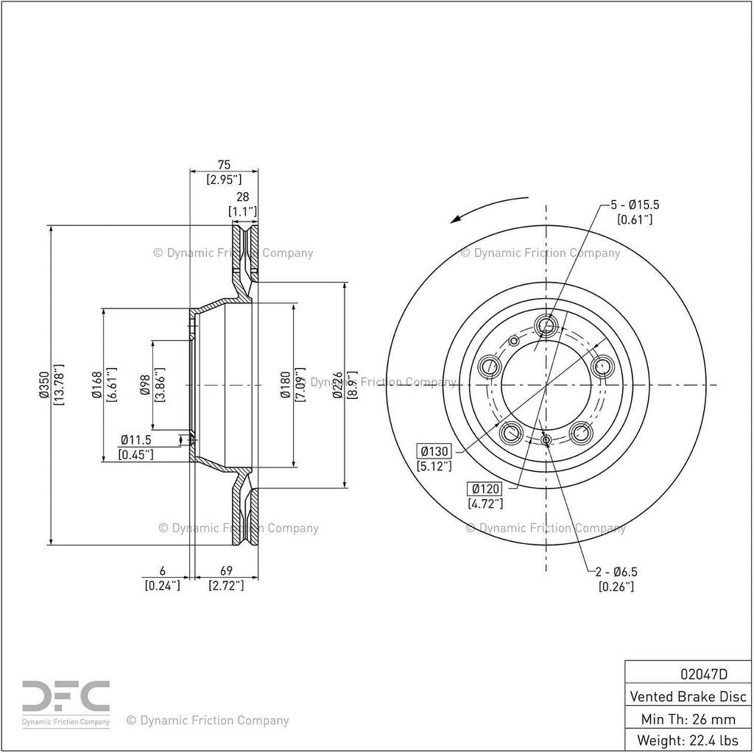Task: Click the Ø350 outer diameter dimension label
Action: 44,385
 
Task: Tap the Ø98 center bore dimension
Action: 147,385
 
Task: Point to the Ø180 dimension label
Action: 286,385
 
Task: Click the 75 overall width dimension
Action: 224,165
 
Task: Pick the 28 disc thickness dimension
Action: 243,197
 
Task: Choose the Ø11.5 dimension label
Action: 136,439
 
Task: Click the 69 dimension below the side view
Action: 226,570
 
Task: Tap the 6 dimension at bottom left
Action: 163,570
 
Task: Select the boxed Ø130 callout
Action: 434,451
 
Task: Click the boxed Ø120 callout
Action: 485,489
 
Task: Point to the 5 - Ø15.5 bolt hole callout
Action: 635,205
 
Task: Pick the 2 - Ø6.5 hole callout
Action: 616,572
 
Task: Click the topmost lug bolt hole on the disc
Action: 546,325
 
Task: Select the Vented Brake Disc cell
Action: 688,696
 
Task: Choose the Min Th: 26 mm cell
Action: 688,719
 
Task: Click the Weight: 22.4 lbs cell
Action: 688,740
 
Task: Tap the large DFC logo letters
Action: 66,696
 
